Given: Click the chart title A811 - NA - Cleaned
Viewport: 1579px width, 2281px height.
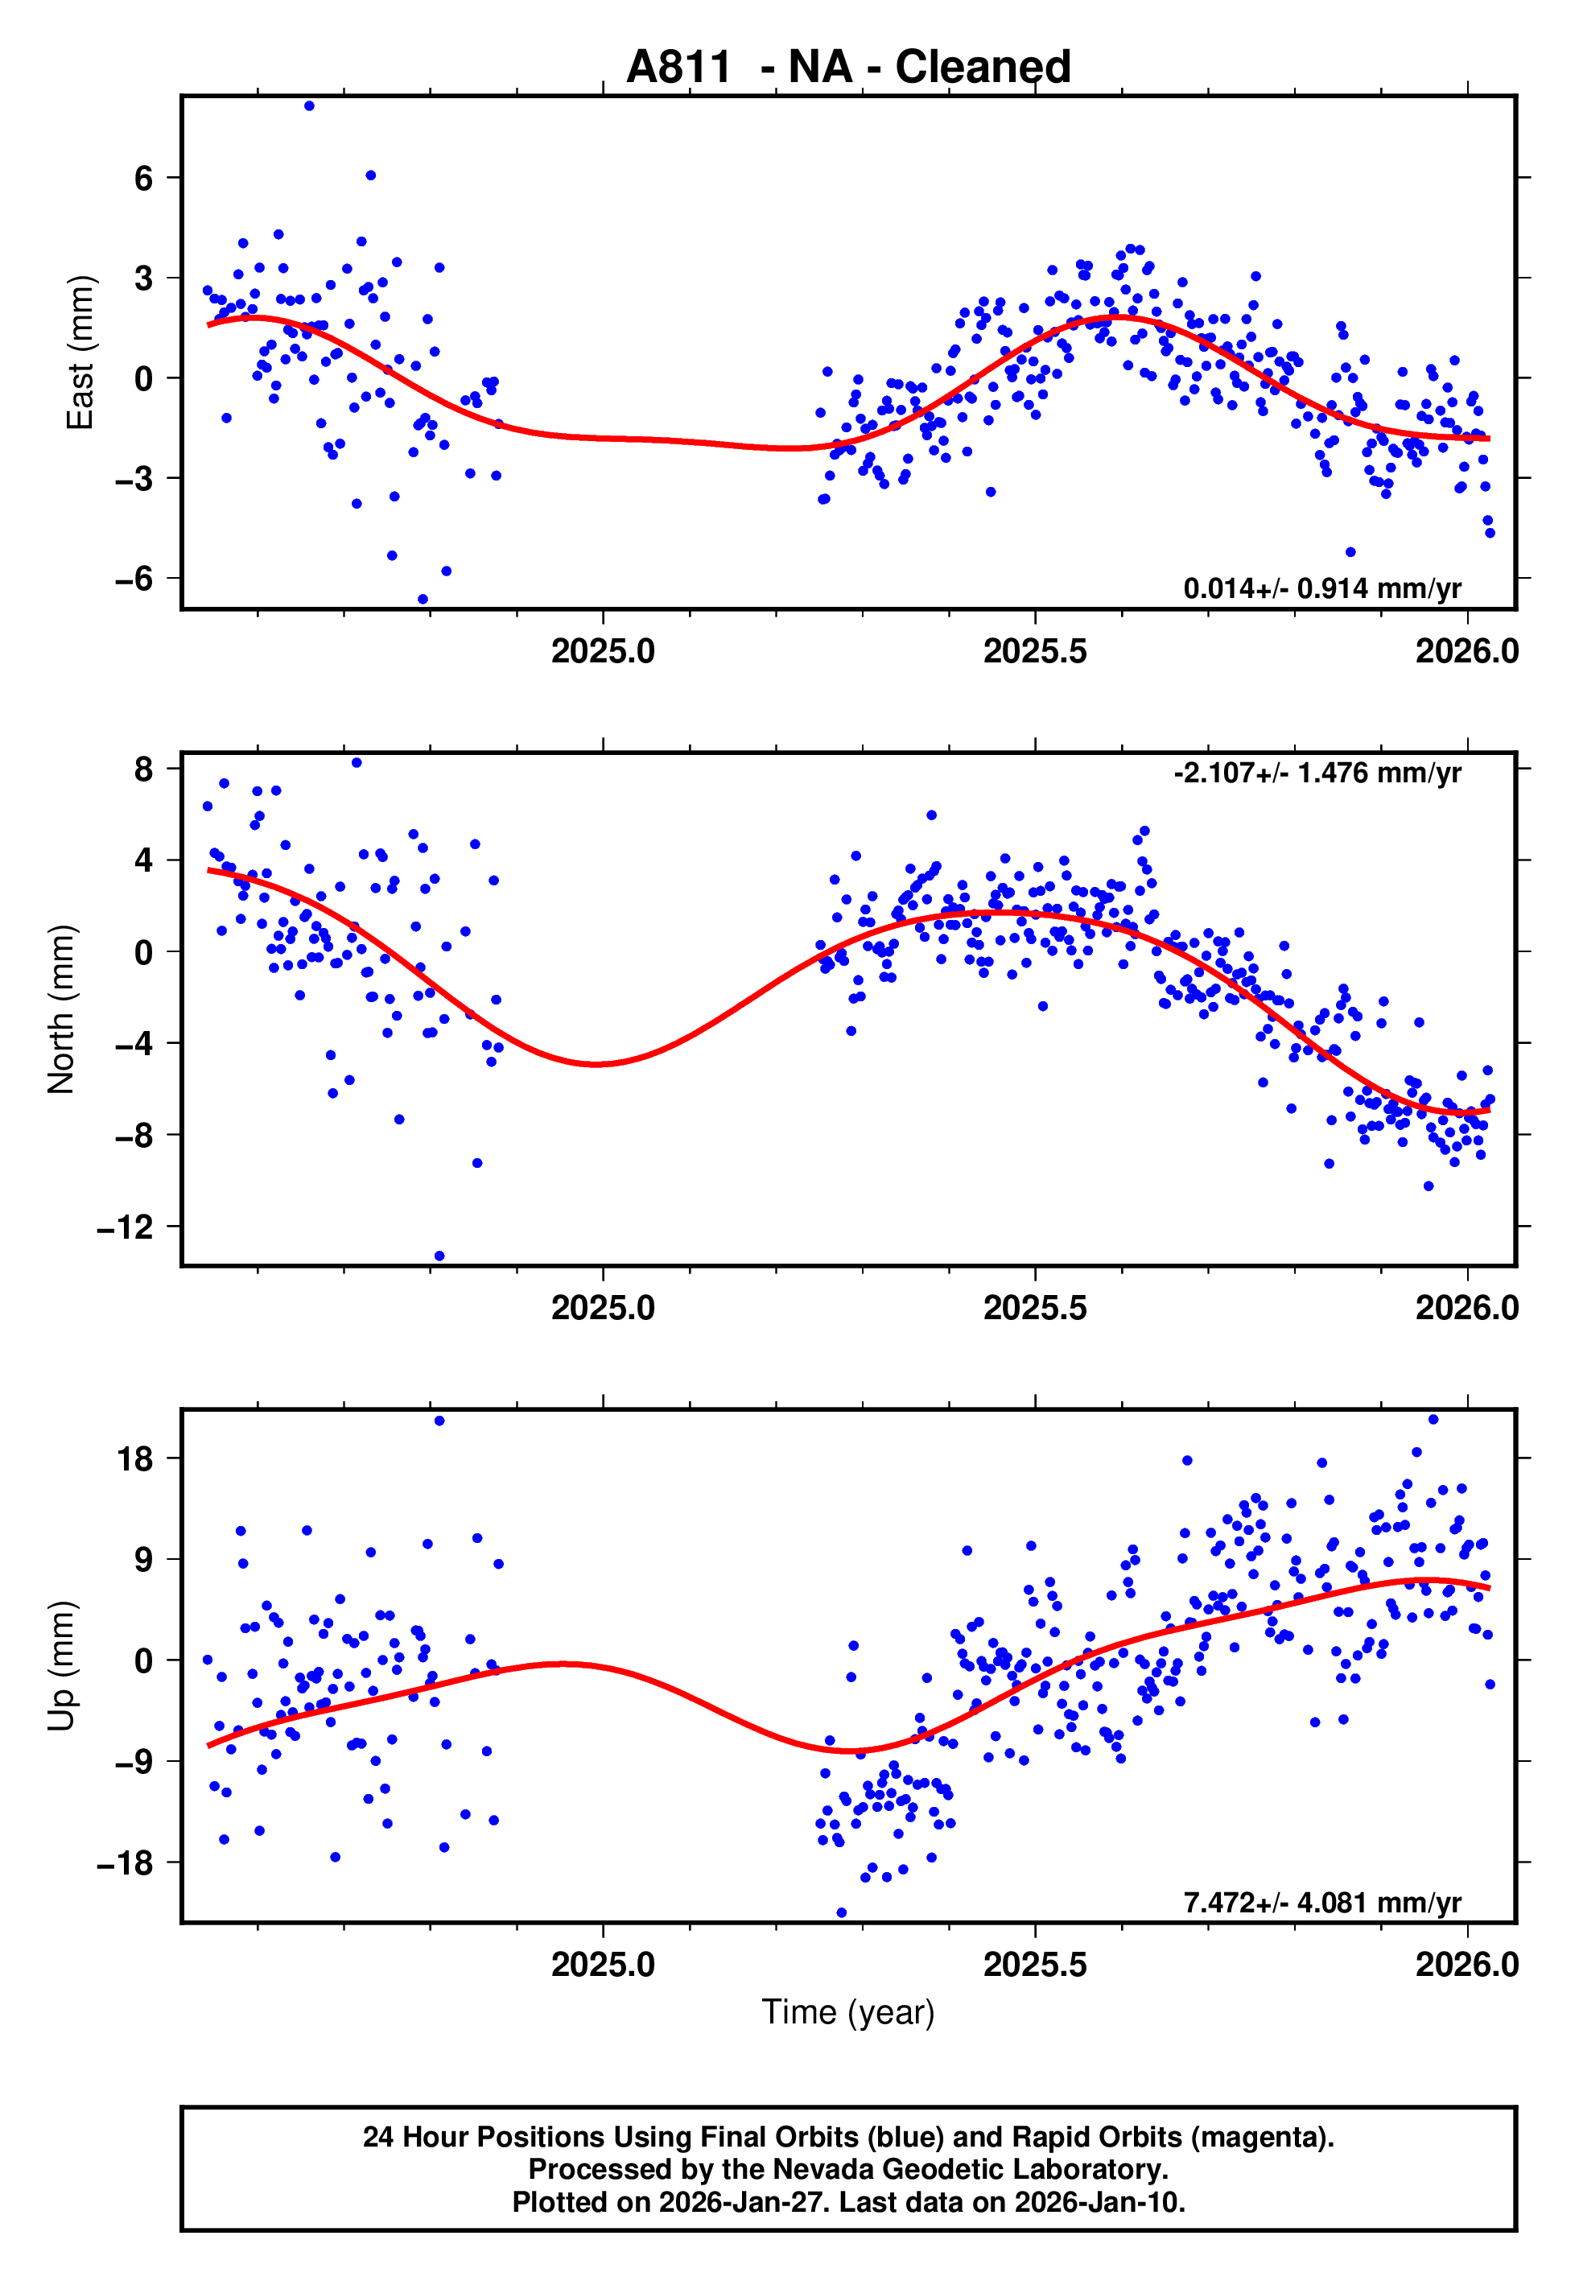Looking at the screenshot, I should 848,68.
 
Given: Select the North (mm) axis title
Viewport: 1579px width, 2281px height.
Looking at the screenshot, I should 61,1009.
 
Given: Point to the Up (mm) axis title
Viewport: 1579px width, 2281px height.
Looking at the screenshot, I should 61,1666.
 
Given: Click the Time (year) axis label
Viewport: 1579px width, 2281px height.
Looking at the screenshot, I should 848,2012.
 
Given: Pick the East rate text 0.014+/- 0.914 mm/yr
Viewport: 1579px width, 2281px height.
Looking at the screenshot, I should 1321,588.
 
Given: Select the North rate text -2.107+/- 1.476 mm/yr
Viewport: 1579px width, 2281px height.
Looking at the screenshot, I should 1317,773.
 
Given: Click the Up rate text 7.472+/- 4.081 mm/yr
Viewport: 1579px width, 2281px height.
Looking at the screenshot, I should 1321,1902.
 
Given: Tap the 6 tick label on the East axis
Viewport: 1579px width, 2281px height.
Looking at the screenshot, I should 144,178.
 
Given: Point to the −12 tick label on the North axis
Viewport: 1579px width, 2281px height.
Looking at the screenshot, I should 125,1227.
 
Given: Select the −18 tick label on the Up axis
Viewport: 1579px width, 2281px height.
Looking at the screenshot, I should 125,1862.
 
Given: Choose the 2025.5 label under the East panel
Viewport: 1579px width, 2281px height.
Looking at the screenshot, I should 1035,651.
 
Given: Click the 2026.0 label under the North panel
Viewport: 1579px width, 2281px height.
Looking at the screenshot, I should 1466,1308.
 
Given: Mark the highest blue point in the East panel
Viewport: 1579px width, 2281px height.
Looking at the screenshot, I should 310,105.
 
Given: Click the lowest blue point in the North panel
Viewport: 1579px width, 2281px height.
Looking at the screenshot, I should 439,1256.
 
